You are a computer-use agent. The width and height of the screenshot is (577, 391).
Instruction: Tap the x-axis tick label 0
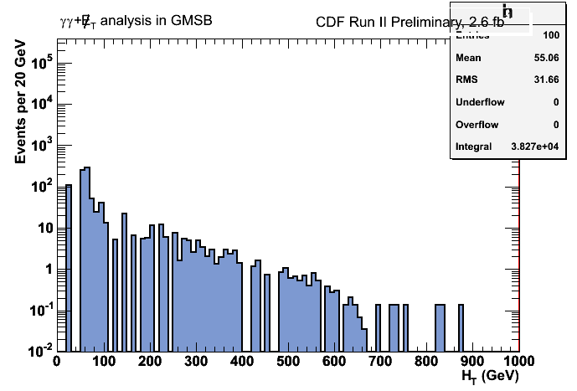[x=56, y=362]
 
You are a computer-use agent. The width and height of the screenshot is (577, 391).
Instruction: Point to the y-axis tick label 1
[x=45, y=270]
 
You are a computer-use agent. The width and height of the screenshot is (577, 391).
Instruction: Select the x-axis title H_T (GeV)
[x=489, y=377]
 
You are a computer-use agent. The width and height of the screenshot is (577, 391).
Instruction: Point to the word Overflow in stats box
[x=477, y=126]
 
